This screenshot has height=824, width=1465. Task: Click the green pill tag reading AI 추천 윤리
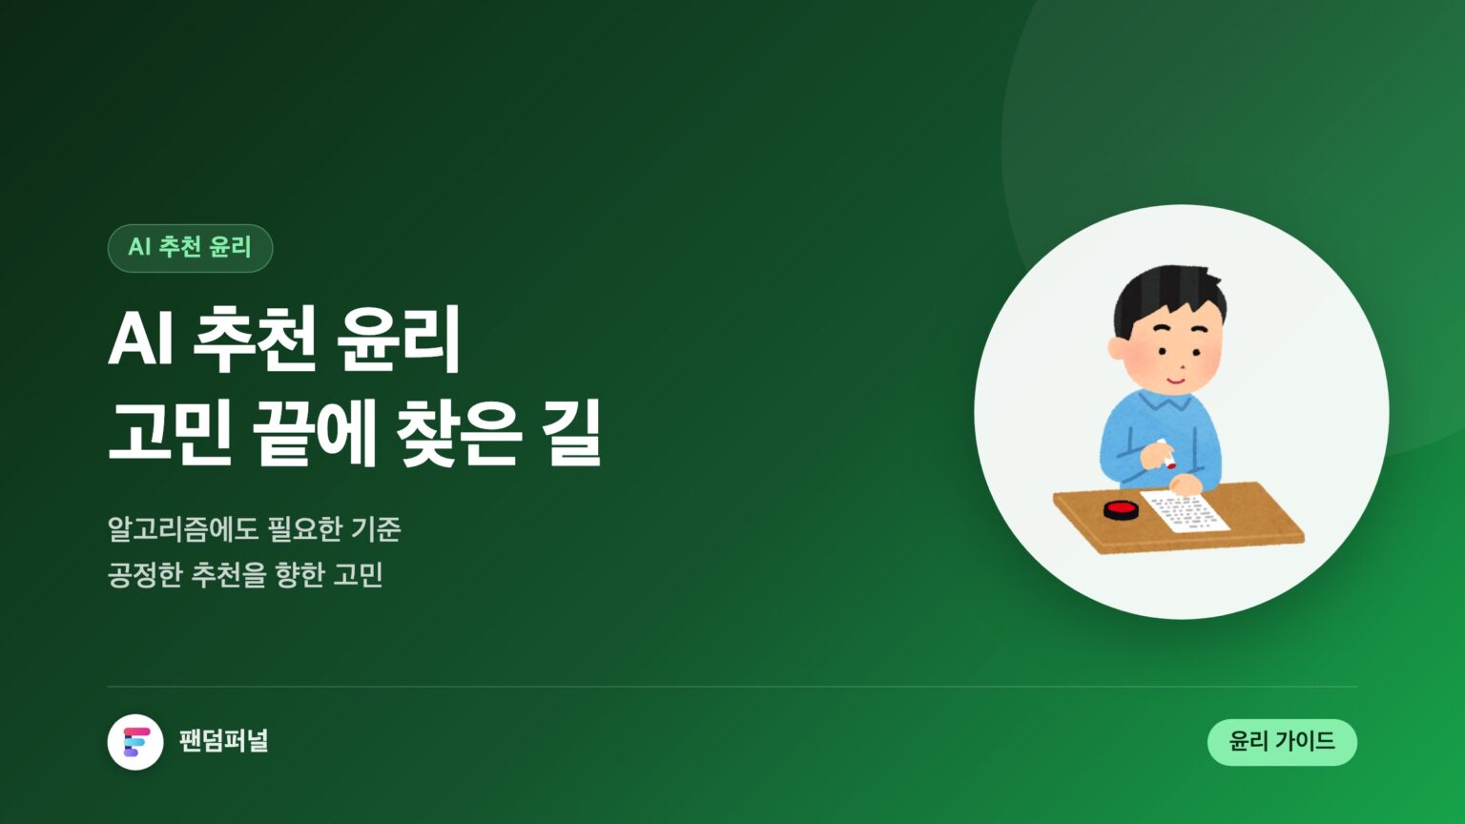tap(190, 248)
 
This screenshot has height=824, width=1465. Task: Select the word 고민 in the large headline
tap(171, 434)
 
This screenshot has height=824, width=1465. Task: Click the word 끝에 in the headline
tap(314, 434)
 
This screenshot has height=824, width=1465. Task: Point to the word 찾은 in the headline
tap(460, 434)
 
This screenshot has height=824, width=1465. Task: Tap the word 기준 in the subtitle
tap(376, 529)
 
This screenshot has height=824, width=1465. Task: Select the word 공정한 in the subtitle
tap(145, 575)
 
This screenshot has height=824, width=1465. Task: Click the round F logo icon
tap(135, 742)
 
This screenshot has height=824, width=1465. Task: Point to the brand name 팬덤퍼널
tap(224, 741)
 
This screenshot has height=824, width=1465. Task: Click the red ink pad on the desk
tap(1122, 510)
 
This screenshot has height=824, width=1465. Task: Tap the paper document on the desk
tap(1185, 511)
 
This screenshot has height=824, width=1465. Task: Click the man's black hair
tap(1168, 297)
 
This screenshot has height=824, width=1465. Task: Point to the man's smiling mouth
tap(1175, 380)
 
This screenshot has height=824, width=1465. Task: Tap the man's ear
tap(1117, 348)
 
